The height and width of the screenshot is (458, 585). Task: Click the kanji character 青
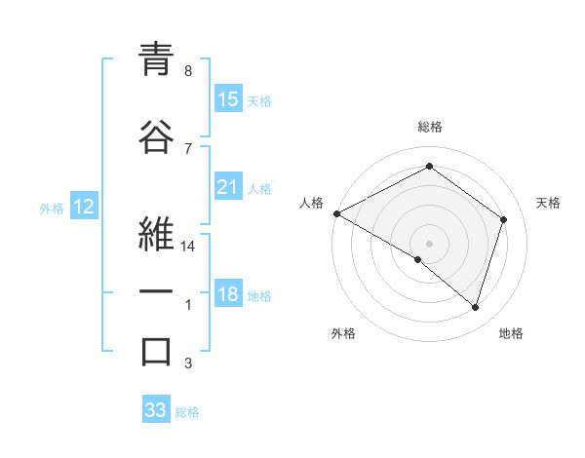pyautogui.click(x=156, y=60)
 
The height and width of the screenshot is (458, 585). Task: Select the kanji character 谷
pyautogui.click(x=156, y=136)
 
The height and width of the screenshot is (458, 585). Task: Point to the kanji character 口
pyautogui.click(x=156, y=351)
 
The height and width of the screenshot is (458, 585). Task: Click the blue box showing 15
pyautogui.click(x=228, y=99)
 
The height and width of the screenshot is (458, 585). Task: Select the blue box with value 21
pyautogui.click(x=228, y=187)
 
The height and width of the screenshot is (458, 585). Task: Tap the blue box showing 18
pyautogui.click(x=228, y=295)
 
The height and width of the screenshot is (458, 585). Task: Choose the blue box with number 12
pyautogui.click(x=83, y=207)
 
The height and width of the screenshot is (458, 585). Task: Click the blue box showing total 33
pyautogui.click(x=156, y=410)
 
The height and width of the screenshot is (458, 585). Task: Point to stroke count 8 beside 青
pyautogui.click(x=188, y=70)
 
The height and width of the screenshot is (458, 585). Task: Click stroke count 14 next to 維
pyautogui.click(x=188, y=247)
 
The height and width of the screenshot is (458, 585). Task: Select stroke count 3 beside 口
pyautogui.click(x=188, y=364)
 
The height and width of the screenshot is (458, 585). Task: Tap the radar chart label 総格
pyautogui.click(x=429, y=127)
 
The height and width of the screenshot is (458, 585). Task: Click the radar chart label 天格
pyautogui.click(x=549, y=203)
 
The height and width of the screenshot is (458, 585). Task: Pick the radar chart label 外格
pyautogui.click(x=343, y=333)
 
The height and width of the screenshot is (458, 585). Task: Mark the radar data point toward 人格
pyautogui.click(x=336, y=213)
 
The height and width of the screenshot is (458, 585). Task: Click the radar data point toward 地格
pyautogui.click(x=475, y=307)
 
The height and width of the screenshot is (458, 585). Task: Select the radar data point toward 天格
pyautogui.click(x=503, y=219)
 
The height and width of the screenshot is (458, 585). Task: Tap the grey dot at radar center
pyautogui.click(x=429, y=243)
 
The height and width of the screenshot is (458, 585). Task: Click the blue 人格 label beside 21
pyautogui.click(x=259, y=188)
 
